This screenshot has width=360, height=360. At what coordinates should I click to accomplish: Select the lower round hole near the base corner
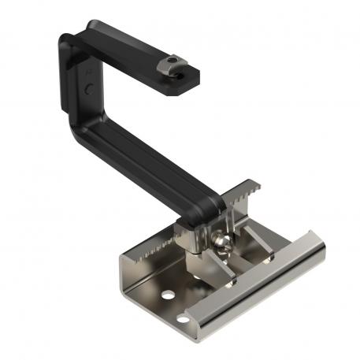coord(184,320)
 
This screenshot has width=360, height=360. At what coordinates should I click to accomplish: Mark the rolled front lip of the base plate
coord(260,291)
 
